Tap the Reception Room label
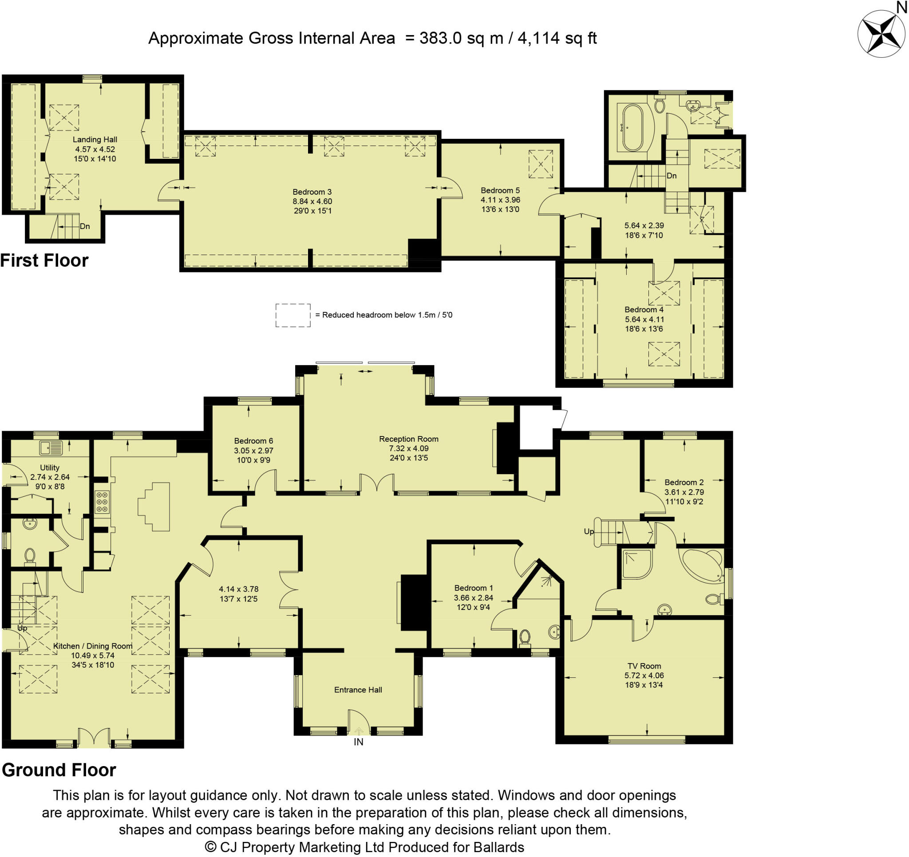408,439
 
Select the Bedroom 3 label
312,192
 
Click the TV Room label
644,666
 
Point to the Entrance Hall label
358,690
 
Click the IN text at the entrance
359,742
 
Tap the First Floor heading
44,260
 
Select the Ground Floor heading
59,770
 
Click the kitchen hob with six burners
102,501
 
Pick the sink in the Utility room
51,448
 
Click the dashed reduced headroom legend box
292,315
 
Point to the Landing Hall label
95,139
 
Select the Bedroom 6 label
253,440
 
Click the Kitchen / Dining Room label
93,646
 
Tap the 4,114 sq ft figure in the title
557,38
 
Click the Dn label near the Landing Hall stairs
85,226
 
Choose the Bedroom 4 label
644,310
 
